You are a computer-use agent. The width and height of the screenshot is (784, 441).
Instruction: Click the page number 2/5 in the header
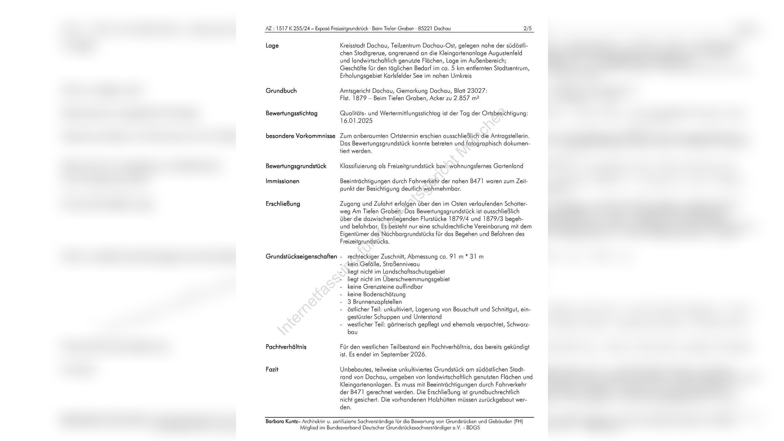coord(527,28)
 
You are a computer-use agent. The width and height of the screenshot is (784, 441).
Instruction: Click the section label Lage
coord(272,46)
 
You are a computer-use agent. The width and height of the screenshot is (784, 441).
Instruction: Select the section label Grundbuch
coord(281,91)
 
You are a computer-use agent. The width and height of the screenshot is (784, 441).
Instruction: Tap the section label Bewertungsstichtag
coord(291,113)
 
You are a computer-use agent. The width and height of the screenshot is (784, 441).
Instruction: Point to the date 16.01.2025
coord(356,121)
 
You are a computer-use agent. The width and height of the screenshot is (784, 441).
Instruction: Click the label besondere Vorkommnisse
coord(300,136)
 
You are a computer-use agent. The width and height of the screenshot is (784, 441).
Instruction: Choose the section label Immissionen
coord(282,181)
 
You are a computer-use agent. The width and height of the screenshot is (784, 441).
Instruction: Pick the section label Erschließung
coord(283,204)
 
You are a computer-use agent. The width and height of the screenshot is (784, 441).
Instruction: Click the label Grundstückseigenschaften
coord(301,257)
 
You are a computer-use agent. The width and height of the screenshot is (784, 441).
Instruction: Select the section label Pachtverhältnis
coord(286,347)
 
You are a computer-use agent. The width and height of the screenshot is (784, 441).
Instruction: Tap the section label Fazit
coord(272,369)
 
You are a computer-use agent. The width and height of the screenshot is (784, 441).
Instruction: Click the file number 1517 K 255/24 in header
coord(293,28)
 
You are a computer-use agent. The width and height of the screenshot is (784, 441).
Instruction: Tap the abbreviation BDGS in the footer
coord(473,428)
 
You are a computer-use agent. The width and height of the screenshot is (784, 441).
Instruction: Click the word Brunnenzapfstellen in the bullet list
coord(377,302)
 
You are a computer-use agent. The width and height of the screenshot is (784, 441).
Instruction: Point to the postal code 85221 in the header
coord(425,28)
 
